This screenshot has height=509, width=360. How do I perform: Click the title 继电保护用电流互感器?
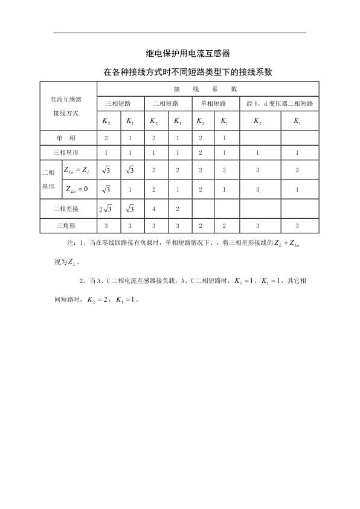pyautogui.click(x=180, y=54)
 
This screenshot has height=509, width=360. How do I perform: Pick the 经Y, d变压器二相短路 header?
pyautogui.click(x=280, y=103)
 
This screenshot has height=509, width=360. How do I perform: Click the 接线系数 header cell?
pyautogui.click(x=210, y=89)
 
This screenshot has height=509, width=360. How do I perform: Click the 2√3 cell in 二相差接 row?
pyautogui.click(x=106, y=209)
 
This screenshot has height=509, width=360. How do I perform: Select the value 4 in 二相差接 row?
pyautogui.click(x=154, y=209)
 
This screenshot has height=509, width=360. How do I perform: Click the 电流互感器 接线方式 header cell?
pyautogui.click(x=66, y=105)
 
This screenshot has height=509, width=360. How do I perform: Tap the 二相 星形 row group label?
pyautogui.click(x=49, y=180)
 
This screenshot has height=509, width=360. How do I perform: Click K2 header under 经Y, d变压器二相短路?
pyautogui.click(x=257, y=122)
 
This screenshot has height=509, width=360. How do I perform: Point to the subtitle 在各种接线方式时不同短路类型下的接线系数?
pyautogui.click(x=180, y=72)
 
